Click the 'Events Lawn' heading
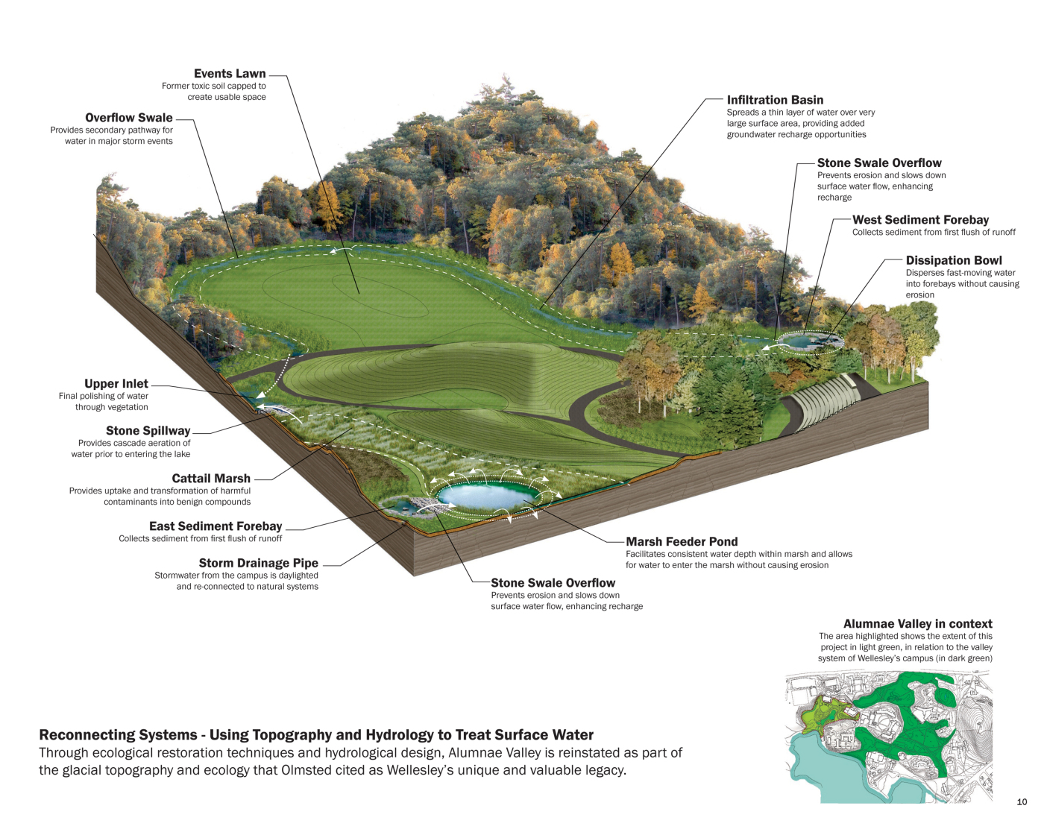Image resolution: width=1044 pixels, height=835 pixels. [230, 74]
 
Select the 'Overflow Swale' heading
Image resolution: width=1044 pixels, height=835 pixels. [129, 118]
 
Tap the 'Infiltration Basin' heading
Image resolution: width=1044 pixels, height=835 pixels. [775, 100]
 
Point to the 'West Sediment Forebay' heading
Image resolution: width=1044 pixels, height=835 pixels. [920, 220]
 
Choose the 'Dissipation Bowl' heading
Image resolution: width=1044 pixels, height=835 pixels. [954, 260]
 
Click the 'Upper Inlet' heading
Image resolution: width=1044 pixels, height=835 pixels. [116, 384]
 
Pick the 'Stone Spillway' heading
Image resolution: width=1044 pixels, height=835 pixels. [148, 431]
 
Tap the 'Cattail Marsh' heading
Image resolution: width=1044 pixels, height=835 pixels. [211, 479]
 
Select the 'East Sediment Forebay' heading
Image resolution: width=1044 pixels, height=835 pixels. [216, 526]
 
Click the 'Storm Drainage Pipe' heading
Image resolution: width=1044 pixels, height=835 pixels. [258, 563]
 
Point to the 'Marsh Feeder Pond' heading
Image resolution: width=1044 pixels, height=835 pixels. [682, 542]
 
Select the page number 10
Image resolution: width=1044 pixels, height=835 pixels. [1022, 802]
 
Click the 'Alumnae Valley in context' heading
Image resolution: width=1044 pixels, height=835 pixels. [917, 624]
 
